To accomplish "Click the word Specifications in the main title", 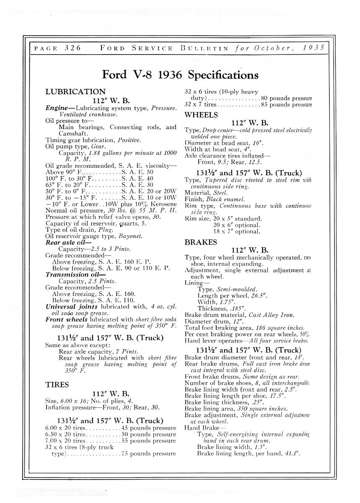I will (223, 75).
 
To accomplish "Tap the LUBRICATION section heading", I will (75, 91).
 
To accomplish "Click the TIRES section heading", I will (57, 385).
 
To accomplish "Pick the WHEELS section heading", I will (201, 114).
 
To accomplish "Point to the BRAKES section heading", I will (201, 242).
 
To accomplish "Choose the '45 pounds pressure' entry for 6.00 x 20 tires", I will (149, 428).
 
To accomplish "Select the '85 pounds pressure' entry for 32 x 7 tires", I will (287, 105).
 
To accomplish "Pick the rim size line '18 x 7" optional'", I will (237, 231).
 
